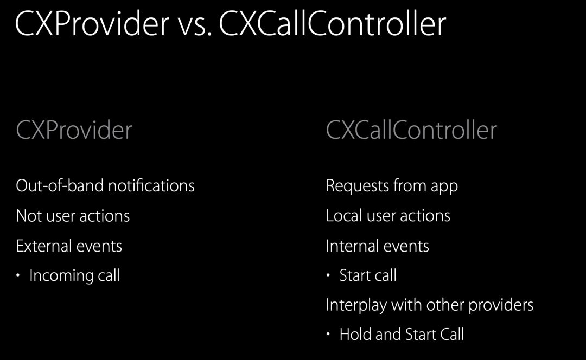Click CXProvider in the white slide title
[92, 23]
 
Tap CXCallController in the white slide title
[332, 23]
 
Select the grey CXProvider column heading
[74, 130]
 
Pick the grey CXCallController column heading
[411, 130]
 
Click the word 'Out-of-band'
[60, 185]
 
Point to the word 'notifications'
[151, 185]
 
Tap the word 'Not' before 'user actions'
[29, 216]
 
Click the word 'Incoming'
[61, 276]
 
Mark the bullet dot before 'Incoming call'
[18, 275]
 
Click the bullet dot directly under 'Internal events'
[328, 275]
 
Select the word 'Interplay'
[356, 305]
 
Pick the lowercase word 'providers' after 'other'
[501, 305]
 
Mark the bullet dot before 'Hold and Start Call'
[328, 334]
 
